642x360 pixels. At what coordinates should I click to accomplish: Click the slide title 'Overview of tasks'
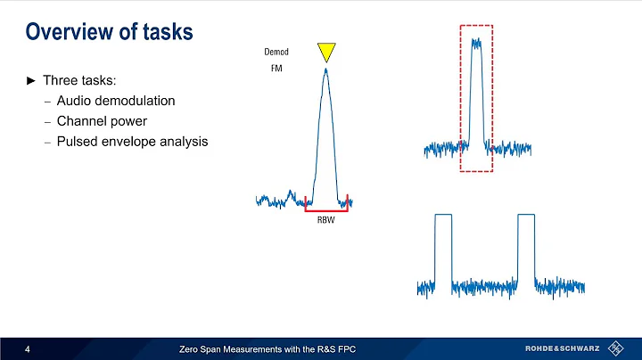(110, 32)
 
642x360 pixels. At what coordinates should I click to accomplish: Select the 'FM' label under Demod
(276, 69)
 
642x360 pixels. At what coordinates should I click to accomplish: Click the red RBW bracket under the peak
(325, 210)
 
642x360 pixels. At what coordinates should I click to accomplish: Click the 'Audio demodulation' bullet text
(115, 101)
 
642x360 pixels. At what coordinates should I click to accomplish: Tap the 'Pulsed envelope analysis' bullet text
(132, 140)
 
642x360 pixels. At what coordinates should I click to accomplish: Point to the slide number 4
(29, 348)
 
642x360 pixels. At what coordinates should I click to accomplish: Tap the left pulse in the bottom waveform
(442, 250)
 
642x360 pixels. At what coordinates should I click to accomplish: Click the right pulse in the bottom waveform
(525, 250)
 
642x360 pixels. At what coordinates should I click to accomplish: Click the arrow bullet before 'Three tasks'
(31, 81)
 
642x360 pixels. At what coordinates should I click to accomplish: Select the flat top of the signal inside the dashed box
(476, 41)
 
